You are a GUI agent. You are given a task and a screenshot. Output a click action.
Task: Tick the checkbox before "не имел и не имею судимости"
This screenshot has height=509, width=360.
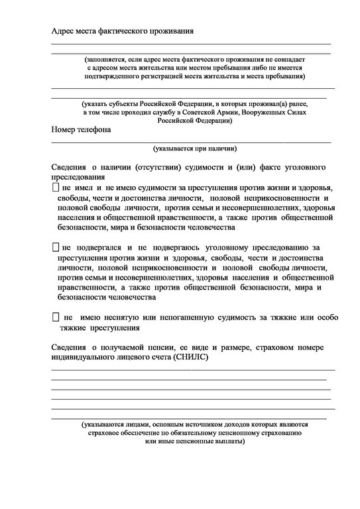click(55, 189)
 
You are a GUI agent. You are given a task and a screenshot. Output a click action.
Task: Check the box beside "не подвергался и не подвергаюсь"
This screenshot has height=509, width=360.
click(55, 247)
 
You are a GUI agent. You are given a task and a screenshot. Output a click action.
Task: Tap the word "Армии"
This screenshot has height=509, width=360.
click(229, 113)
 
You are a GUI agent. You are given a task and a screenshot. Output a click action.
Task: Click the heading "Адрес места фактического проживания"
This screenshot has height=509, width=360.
click(123, 30)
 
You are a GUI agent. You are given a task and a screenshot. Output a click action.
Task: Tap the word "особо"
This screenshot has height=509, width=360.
click(323, 318)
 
